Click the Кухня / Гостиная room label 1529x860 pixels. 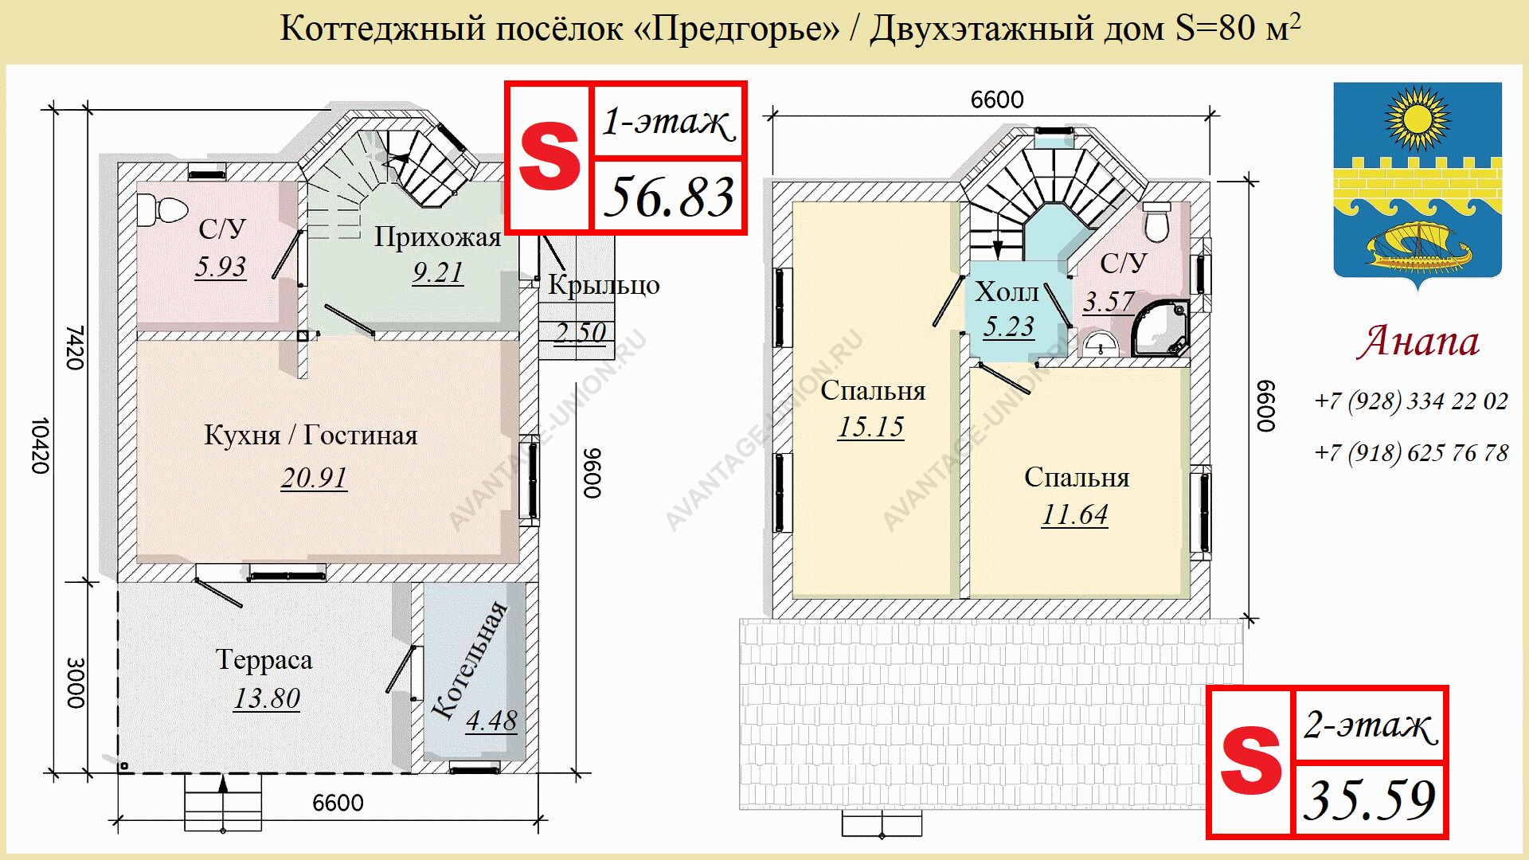coord(311,436)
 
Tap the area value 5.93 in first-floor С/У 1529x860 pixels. coord(221,266)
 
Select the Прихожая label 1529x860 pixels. coord(437,237)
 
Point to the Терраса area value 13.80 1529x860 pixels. coord(267,698)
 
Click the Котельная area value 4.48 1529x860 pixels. coord(491,721)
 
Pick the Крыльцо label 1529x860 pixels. coord(604,285)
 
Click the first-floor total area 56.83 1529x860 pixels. coord(669,197)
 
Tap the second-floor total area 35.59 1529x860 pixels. coord(1370,800)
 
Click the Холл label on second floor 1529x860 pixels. coord(1007,292)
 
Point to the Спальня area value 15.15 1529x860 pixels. coord(871,427)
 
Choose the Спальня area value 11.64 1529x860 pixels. coord(1075,514)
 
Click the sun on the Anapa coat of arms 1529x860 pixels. coord(1418,119)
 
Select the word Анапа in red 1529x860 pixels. coord(1418,342)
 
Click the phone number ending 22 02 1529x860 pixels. coord(1411,401)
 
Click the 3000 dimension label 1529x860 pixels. coord(76,683)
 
